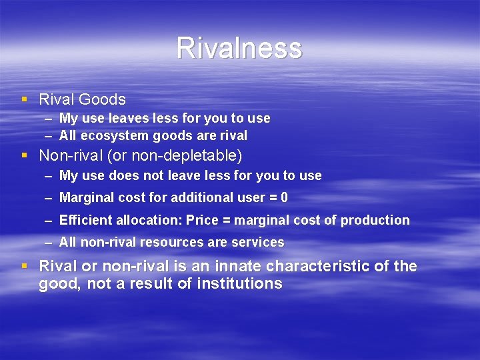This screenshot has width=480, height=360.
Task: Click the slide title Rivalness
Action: tap(239, 48)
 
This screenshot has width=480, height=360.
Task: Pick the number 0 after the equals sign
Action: tap(285, 198)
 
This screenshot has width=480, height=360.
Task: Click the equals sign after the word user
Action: tap(271, 198)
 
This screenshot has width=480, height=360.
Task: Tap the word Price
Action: tap(203, 220)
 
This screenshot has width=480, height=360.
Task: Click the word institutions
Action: tap(239, 284)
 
